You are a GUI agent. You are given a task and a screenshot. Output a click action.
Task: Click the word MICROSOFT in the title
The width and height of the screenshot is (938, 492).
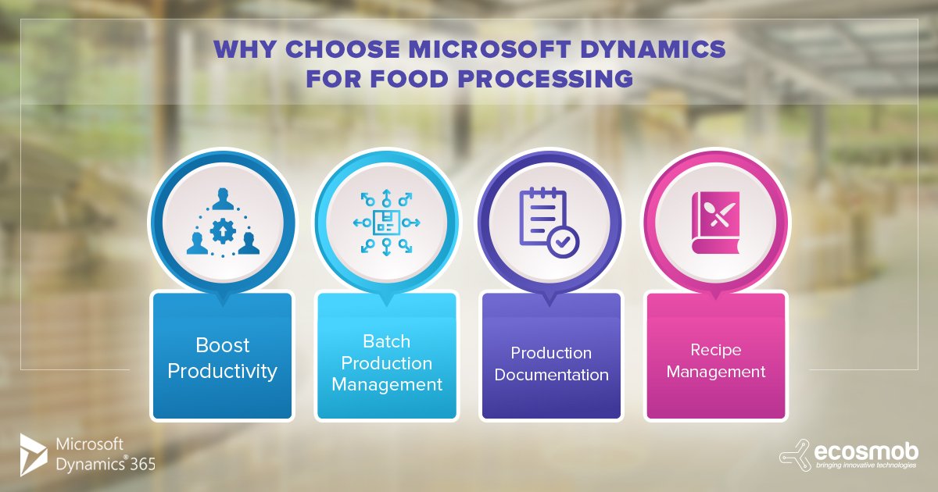click(489, 49)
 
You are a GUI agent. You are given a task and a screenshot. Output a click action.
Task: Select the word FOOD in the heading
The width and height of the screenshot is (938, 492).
click(409, 79)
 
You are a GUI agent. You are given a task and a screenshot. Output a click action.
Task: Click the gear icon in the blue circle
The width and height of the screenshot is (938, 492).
click(223, 230)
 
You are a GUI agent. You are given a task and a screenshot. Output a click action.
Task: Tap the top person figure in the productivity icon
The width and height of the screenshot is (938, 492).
click(223, 198)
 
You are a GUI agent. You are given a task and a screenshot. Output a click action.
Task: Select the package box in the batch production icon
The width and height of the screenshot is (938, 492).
click(386, 223)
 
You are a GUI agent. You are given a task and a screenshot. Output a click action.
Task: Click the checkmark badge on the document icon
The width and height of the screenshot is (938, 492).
click(564, 241)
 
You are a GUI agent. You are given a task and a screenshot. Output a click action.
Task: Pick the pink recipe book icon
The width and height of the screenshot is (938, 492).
click(716, 223)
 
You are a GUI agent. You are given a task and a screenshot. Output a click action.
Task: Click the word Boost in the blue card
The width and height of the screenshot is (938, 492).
click(222, 345)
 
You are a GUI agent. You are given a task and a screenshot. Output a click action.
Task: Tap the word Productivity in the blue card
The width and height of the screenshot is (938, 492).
click(222, 371)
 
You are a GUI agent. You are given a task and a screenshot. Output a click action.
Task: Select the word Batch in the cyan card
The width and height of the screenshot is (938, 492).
click(386, 341)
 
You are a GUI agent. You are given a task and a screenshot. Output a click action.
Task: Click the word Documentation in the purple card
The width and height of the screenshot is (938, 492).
click(552, 375)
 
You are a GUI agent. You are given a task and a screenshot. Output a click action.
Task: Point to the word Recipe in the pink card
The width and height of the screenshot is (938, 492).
click(716, 350)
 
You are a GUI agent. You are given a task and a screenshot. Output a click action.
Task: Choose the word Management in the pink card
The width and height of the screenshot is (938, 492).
click(716, 372)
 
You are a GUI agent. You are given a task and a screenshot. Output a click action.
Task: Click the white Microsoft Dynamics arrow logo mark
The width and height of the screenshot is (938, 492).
click(34, 455)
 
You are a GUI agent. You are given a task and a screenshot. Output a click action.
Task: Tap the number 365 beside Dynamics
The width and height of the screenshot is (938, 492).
click(143, 465)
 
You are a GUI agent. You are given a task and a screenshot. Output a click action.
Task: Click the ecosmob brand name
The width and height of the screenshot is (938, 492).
click(866, 452)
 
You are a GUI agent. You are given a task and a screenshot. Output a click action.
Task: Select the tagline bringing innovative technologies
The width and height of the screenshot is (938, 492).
click(866, 465)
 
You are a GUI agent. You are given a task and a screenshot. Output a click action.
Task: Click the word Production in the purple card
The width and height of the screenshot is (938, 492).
click(551, 353)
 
